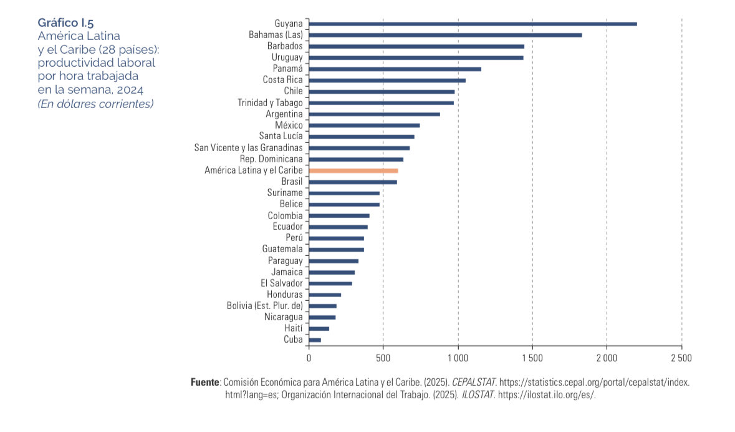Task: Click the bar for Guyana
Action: pos(473,24)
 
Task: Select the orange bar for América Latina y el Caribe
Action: pos(353,170)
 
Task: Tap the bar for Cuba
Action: pos(315,340)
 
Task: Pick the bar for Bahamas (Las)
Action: pos(445,35)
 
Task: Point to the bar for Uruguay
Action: pos(416,57)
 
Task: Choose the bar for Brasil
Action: pos(352,182)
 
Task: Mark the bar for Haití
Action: pos(319,328)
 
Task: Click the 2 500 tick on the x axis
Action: pos(681,358)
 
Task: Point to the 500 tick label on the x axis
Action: pos(383,358)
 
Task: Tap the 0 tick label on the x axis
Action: pos(309,358)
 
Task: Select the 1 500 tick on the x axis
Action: pos(532,358)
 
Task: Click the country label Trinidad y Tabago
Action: pos(270,102)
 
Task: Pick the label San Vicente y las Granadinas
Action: pos(248,148)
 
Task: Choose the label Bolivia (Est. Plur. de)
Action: pos(264,306)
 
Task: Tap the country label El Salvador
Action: pos(281,283)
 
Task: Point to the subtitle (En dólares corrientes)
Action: pos(95,104)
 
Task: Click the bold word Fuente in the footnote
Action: pos(205,382)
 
